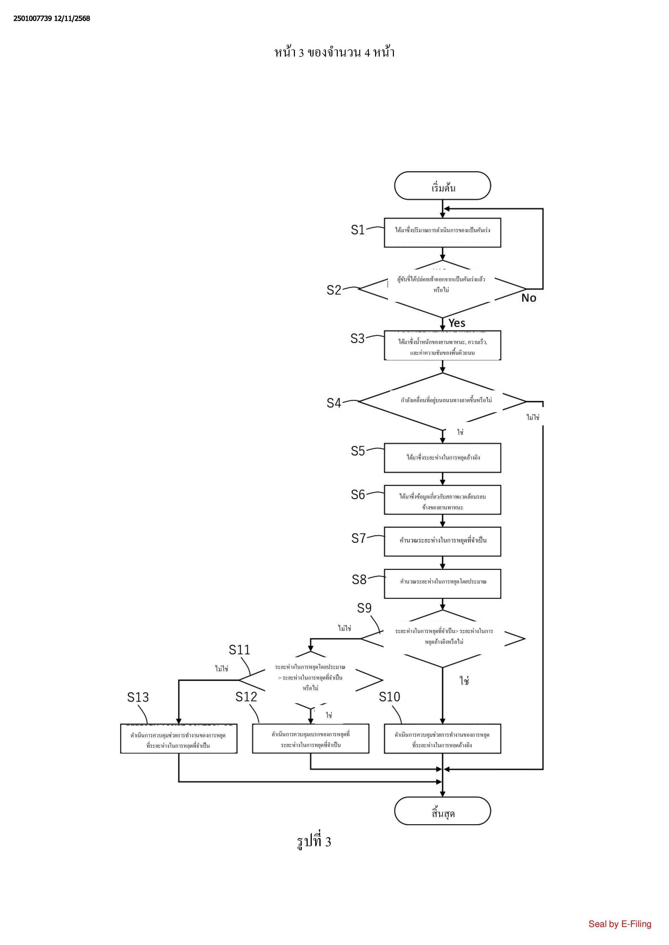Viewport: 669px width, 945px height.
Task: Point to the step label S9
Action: point(364,608)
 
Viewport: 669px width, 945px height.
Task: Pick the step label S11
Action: point(239,649)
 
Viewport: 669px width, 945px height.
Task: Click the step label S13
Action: point(138,697)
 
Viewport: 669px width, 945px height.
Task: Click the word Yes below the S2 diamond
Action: point(457,323)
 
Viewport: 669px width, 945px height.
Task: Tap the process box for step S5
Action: point(442,458)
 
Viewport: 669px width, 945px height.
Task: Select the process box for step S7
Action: point(442,541)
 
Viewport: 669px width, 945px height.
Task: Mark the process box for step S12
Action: point(311,739)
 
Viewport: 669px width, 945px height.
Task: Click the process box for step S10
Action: point(442,739)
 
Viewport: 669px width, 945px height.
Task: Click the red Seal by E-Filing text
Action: point(620,924)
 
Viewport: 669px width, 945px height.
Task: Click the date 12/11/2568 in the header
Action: point(72,19)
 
